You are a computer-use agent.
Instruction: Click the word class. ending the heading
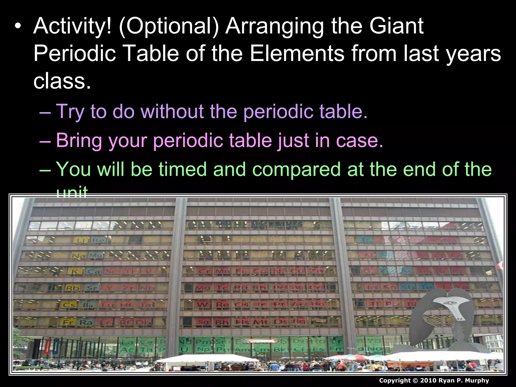pyautogui.click(x=62, y=81)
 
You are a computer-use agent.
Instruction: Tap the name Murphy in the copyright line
pyautogui.click(x=477, y=380)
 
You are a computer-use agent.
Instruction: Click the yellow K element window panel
pyautogui.click(x=75, y=271)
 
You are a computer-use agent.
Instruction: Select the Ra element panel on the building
pyautogui.click(x=86, y=322)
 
